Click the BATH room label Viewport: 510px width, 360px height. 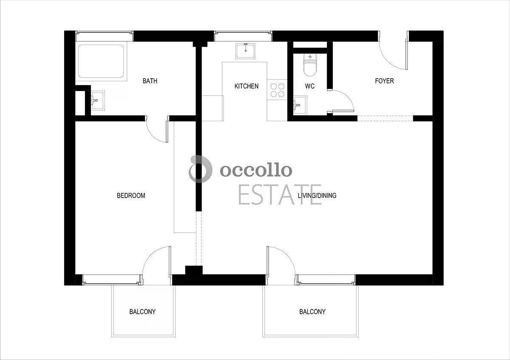coord(150,81)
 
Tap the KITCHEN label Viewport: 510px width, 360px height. coord(246,86)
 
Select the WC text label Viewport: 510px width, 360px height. coord(310,86)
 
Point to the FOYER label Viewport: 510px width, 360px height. coord(384,81)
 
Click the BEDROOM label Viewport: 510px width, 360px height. coord(131,196)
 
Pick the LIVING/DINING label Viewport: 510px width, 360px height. coord(317,196)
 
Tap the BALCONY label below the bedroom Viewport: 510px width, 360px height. coord(142,312)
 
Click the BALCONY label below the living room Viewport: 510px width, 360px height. coord(312,312)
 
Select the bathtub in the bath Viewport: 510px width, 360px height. coord(101,61)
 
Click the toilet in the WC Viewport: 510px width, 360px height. coord(310,65)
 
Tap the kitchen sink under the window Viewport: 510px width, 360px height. coord(246,51)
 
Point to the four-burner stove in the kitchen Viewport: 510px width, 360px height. coord(277,90)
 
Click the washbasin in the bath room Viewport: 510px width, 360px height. coord(98,100)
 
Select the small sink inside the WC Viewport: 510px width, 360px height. coord(300,105)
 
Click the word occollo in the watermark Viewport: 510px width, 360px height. coord(256,170)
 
